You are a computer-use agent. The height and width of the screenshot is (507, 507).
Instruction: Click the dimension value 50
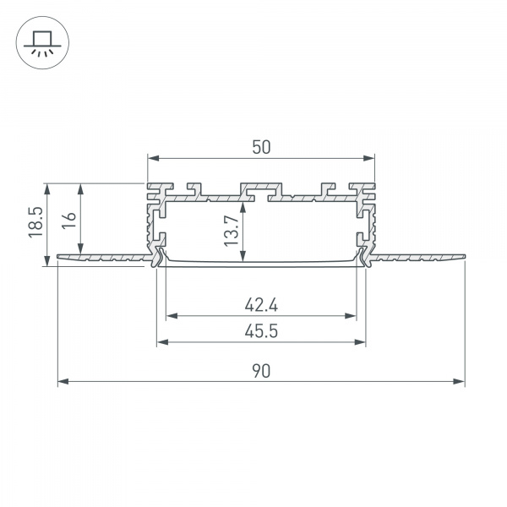(261, 146)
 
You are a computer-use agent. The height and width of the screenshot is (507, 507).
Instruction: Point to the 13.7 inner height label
(232, 228)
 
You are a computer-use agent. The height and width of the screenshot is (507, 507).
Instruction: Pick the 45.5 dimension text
(261, 331)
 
